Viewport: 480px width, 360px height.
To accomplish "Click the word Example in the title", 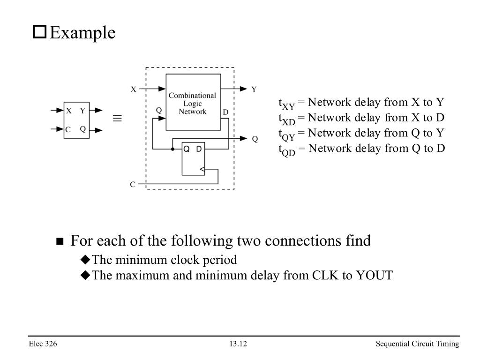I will coord(82,33).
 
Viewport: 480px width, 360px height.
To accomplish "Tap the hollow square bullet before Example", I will coord(39,32).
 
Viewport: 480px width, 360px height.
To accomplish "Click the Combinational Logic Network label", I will coord(192,103).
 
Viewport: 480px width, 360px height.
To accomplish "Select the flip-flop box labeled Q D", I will coord(193,158).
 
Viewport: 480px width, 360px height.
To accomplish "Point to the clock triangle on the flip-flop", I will coord(202,169).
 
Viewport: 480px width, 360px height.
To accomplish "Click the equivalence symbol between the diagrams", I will coord(117,119).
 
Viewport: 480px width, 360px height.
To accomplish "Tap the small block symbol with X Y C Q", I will coord(76,120).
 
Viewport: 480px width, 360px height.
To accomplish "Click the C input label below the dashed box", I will coord(133,185).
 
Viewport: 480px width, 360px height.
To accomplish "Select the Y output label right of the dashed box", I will coord(254,89).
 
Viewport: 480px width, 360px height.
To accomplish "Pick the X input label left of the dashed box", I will coord(134,89).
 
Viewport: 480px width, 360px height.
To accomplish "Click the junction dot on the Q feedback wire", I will coord(172,149).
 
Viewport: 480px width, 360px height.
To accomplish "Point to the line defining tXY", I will coord(361,103).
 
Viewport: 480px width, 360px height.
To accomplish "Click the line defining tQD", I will coord(361,149).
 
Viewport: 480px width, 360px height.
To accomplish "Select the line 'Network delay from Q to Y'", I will coord(361,134).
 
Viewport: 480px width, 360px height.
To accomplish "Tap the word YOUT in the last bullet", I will coord(374,275).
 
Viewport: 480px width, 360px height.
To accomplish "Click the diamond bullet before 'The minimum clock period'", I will coord(85,260).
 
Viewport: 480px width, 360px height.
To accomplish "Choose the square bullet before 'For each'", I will coord(60,242).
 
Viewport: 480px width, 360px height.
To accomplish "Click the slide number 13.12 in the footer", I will coord(238,345).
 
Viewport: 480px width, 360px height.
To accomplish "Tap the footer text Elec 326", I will coord(43,345).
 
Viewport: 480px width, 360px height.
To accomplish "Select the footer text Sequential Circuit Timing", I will coord(417,345).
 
